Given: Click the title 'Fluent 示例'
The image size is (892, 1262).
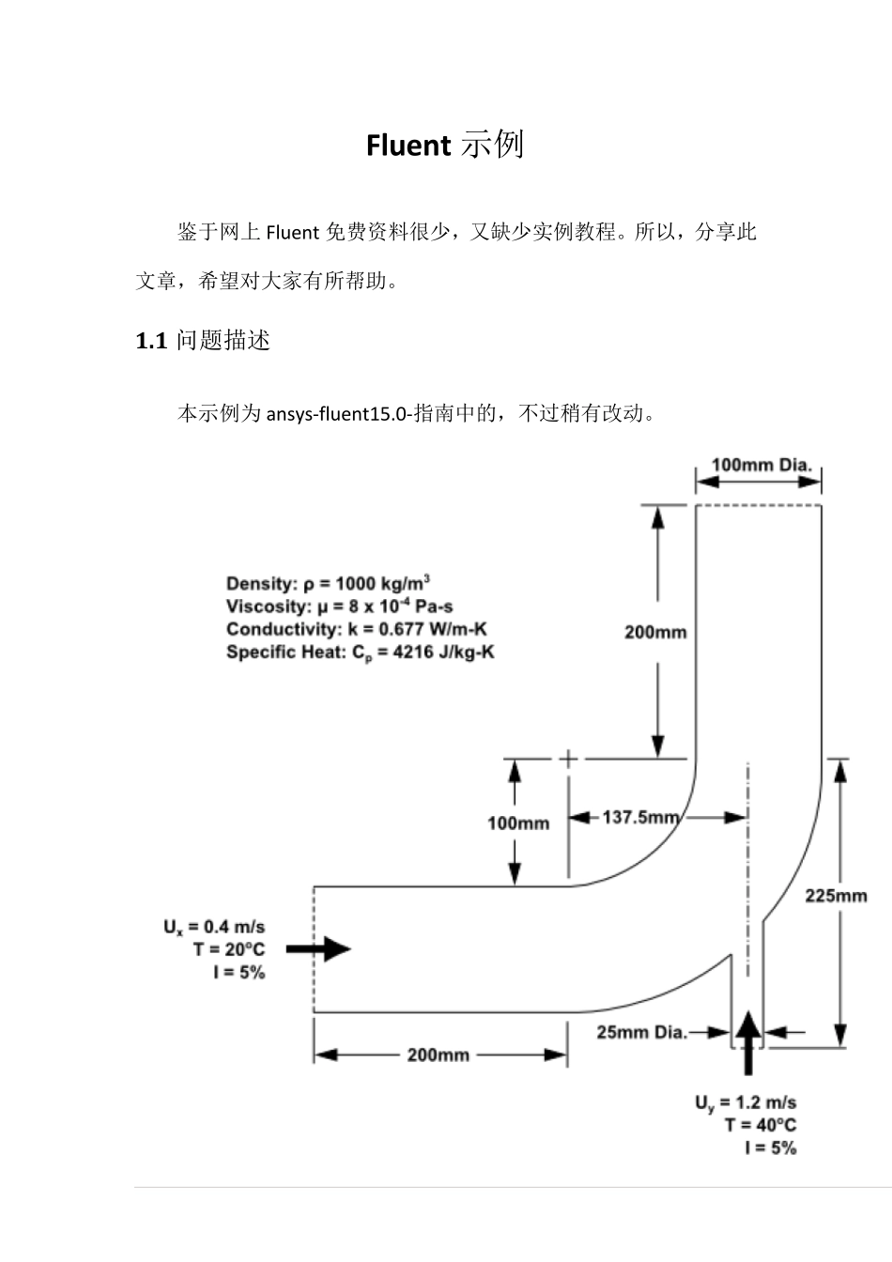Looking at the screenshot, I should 445,146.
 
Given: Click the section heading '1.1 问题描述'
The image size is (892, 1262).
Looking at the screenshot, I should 203,340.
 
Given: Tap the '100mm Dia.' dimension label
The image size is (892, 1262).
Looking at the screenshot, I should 761,464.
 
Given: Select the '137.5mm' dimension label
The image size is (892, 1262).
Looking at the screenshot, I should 640,817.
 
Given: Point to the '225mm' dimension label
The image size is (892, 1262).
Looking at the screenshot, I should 836,895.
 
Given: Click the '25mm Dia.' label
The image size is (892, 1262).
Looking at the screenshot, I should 641,1032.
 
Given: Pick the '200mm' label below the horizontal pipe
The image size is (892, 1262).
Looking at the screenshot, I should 438,1054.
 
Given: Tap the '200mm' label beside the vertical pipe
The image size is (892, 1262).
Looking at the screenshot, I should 655,632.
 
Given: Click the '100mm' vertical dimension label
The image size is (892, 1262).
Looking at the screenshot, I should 517,823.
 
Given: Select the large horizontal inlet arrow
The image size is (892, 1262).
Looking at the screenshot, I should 318,948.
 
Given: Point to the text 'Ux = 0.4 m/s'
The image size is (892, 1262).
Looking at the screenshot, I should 214,927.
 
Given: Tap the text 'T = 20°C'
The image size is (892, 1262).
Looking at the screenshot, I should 229,949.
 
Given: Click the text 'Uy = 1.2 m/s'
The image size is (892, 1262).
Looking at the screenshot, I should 746,1102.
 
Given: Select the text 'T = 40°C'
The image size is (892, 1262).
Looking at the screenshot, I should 761,1125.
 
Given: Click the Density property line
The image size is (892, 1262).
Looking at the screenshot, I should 328,583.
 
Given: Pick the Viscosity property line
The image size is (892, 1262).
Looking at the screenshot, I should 339,607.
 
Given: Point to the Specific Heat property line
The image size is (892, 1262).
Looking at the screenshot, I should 360,652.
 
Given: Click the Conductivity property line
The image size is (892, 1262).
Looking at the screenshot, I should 357,629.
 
